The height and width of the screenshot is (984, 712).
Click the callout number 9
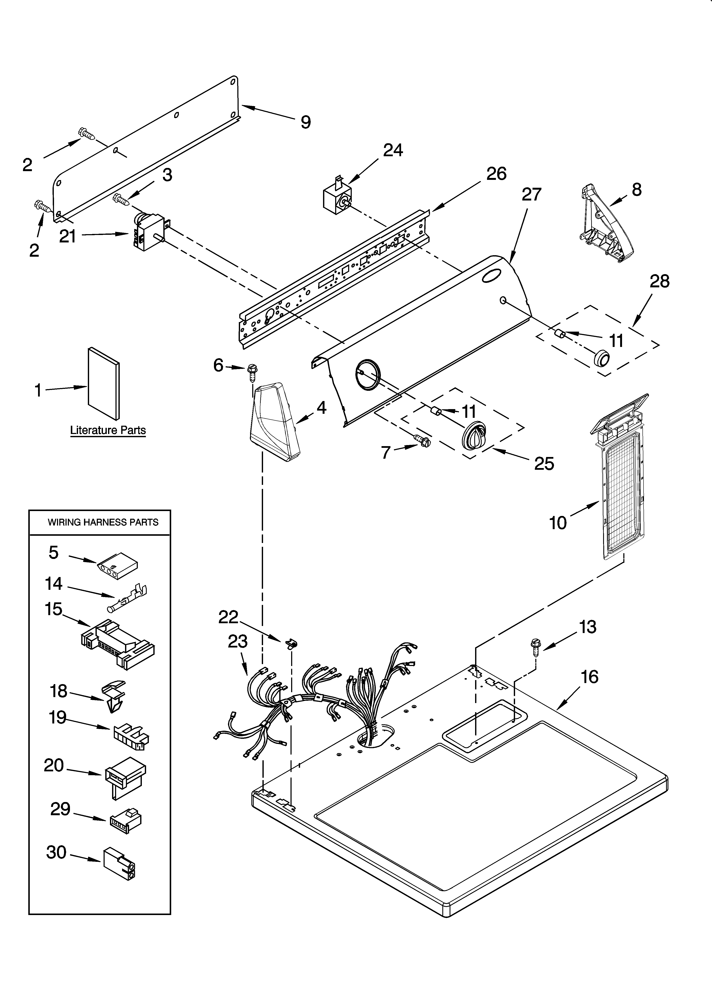pyautogui.click(x=306, y=122)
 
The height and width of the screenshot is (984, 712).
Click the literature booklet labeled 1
pyautogui.click(x=104, y=384)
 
